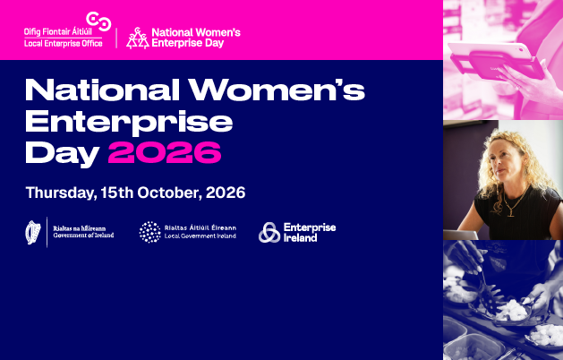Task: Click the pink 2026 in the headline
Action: point(165,152)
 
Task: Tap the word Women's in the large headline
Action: point(277,90)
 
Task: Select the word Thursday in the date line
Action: point(61,193)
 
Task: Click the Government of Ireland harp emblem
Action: point(33,232)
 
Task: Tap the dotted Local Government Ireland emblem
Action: point(150,232)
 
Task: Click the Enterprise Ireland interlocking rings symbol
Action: point(269,233)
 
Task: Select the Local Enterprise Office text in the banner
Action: point(64,44)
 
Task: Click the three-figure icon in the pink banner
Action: point(138,39)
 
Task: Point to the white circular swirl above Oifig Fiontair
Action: point(98,21)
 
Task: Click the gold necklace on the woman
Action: point(514,204)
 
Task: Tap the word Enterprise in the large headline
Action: point(129,122)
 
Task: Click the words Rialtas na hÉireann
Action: point(80,228)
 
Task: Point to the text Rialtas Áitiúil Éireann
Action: point(200,227)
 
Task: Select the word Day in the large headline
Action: point(62,154)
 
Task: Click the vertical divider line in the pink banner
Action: point(116,39)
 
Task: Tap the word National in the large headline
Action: point(103,90)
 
